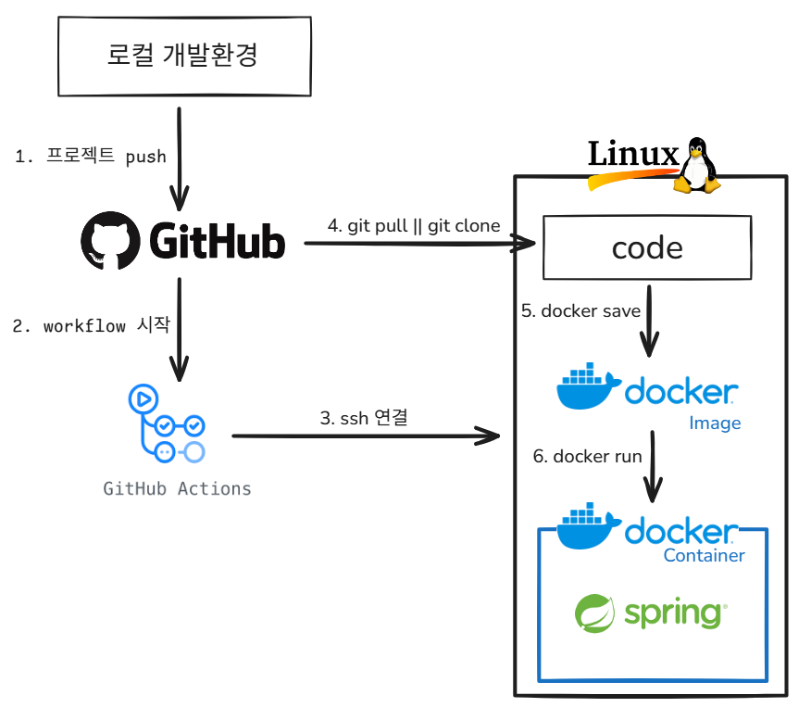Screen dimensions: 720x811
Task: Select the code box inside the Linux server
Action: pyautogui.click(x=647, y=247)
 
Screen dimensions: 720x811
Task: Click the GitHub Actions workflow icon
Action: pyautogui.click(x=166, y=424)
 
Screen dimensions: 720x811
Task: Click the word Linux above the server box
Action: pyautogui.click(x=633, y=154)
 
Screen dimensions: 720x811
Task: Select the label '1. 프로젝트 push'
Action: pyautogui.click(x=91, y=156)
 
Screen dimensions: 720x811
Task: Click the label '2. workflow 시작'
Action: pyautogui.click(x=90, y=326)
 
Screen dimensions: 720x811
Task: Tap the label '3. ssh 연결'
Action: pyautogui.click(x=364, y=417)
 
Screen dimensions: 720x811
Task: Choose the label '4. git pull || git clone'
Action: pyautogui.click(x=414, y=225)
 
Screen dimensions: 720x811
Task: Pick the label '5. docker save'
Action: pyautogui.click(x=580, y=310)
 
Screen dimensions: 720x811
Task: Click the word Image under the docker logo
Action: pyautogui.click(x=715, y=423)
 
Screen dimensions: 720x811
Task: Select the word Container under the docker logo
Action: pyautogui.click(x=704, y=556)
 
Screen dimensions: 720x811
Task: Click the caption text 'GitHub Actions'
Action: pyautogui.click(x=177, y=488)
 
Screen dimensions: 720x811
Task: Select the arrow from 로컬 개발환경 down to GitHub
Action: pyautogui.click(x=178, y=158)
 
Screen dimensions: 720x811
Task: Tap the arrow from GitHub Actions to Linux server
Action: pyautogui.click(x=365, y=435)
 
